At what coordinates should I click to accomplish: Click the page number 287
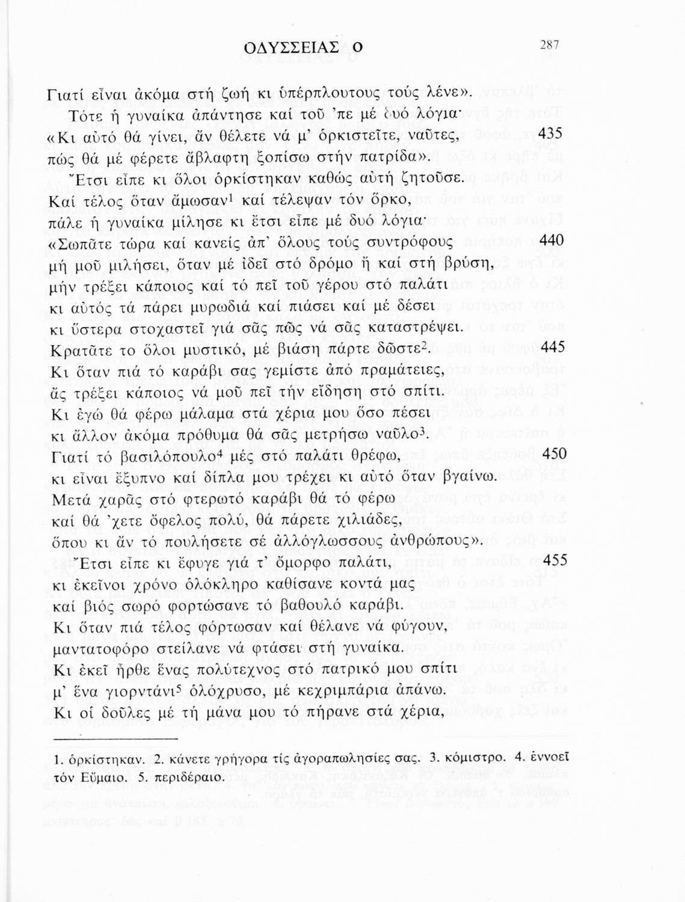(x=550, y=44)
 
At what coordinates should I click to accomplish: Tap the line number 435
(x=550, y=134)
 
